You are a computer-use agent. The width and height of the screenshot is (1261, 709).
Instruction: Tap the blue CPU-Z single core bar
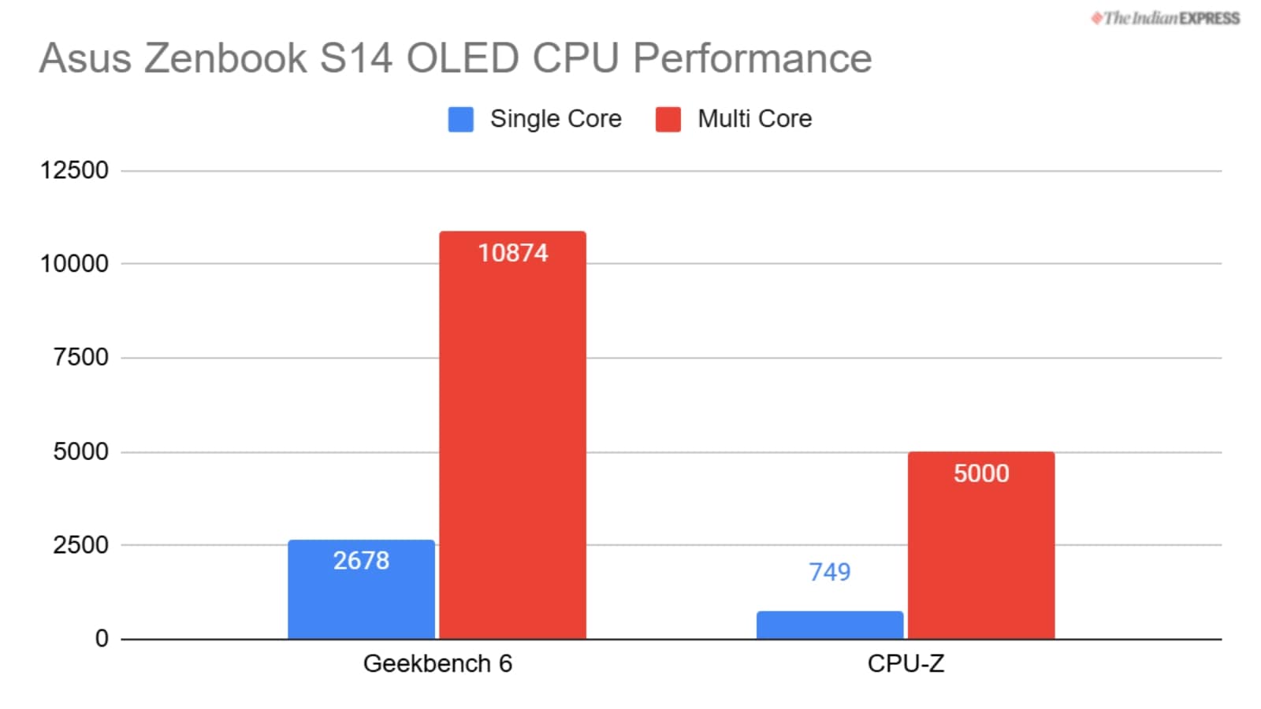click(x=829, y=625)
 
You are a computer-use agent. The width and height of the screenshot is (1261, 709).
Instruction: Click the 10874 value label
click(x=512, y=253)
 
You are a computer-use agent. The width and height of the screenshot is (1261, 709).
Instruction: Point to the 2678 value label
click(x=361, y=560)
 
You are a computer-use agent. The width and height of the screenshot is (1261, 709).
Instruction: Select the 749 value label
click(x=829, y=572)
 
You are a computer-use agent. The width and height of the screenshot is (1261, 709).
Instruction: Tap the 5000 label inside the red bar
click(x=980, y=473)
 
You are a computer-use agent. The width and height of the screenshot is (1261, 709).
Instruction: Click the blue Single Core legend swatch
click(x=460, y=119)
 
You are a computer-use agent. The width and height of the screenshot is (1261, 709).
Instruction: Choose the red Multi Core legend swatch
click(x=668, y=119)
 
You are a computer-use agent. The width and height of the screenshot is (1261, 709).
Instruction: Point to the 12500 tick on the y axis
click(x=75, y=170)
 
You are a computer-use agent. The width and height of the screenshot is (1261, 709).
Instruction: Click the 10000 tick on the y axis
click(x=75, y=264)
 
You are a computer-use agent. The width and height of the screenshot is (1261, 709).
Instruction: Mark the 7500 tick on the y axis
click(x=80, y=358)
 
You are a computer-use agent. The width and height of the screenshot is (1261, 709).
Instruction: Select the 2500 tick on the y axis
click(x=80, y=545)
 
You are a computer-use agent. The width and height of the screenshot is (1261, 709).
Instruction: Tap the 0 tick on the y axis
click(x=102, y=638)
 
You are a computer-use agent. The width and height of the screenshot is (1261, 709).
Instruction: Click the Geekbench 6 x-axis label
click(x=437, y=663)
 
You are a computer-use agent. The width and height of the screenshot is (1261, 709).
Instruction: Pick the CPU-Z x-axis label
click(x=906, y=663)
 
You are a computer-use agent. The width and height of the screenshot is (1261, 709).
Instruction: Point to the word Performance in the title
click(x=752, y=58)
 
